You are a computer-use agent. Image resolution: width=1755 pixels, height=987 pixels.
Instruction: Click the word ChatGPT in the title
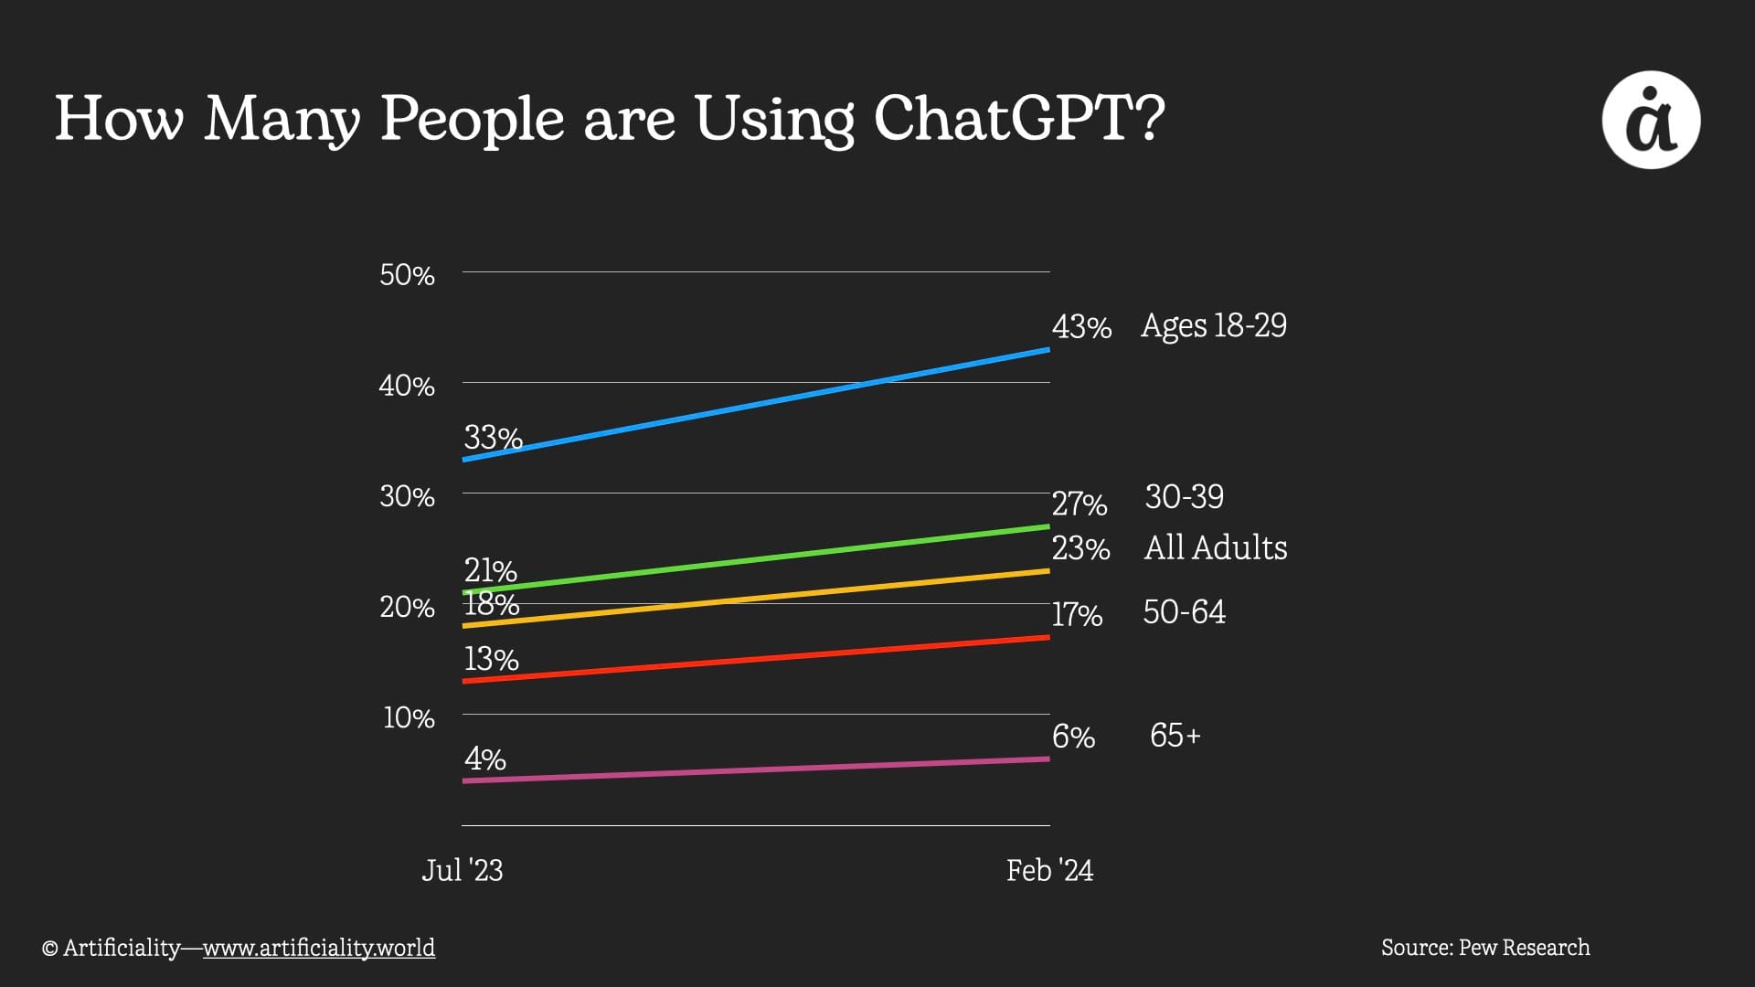click(x=1018, y=119)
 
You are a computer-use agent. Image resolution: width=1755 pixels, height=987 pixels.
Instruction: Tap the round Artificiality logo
click(x=1651, y=120)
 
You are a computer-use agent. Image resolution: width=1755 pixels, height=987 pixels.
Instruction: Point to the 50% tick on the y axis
click(x=407, y=274)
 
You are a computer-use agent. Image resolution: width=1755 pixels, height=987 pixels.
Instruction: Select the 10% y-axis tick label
click(x=409, y=717)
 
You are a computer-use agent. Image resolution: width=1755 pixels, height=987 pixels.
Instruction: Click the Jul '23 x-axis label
click(x=462, y=870)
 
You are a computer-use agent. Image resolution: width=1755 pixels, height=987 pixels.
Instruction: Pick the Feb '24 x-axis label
click(x=1049, y=870)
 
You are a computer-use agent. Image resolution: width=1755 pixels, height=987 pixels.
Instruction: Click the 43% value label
click(x=1081, y=326)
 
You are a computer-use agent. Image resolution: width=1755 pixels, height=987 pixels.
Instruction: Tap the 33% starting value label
click(x=493, y=438)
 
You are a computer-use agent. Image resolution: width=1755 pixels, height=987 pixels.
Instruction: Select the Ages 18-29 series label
click(x=1213, y=325)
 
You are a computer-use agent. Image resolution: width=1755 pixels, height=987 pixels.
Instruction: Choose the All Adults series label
click(x=1216, y=547)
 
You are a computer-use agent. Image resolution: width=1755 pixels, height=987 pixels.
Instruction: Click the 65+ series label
click(x=1175, y=735)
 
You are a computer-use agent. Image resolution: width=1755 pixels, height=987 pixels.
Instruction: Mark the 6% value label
click(x=1073, y=737)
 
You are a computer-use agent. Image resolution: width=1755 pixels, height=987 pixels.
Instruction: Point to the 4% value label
click(x=484, y=759)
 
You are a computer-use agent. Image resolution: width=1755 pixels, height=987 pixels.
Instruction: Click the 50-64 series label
click(x=1184, y=611)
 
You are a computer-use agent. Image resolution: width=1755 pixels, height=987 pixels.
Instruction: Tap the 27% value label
click(x=1080, y=504)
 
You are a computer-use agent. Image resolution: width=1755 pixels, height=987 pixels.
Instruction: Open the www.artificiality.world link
click(x=318, y=948)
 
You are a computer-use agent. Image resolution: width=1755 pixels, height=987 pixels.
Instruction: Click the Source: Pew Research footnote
click(x=1485, y=948)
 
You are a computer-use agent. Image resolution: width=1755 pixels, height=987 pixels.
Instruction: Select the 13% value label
click(x=491, y=659)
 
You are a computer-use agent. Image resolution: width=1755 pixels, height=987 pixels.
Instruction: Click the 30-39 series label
click(x=1184, y=496)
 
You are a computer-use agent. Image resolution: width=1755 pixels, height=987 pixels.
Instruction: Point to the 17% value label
click(x=1077, y=614)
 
